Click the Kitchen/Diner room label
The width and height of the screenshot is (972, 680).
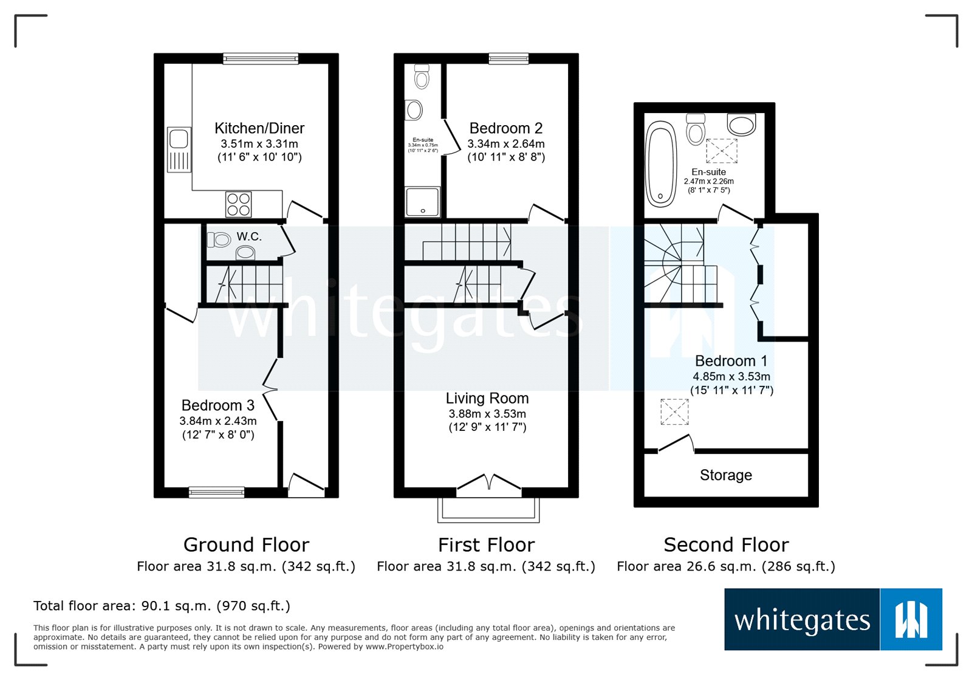coord(259,128)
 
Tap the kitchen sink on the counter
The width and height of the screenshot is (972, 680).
coord(179,149)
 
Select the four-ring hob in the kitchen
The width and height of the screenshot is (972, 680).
coord(238,204)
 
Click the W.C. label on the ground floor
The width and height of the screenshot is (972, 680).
coord(249,236)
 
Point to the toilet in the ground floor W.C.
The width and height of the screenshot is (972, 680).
coord(219,240)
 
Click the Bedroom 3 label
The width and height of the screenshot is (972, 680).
coord(217,405)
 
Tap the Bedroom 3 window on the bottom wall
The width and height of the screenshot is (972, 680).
coord(216,492)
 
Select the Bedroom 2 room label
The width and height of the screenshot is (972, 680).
coord(505,128)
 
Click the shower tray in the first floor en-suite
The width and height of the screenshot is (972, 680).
coord(422,202)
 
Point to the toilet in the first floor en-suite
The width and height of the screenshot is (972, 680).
coord(422,77)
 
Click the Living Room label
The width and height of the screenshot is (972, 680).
coord(487,398)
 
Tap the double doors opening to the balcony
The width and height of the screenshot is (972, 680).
coord(489,483)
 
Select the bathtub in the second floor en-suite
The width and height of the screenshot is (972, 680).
coord(660,163)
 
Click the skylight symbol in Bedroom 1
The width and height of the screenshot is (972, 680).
coord(674,411)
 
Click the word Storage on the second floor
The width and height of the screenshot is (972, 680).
coord(725,475)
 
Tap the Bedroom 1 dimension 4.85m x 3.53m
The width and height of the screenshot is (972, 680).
coord(731,377)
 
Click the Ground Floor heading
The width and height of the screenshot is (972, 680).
coord(246,544)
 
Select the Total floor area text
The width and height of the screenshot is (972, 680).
coord(162,606)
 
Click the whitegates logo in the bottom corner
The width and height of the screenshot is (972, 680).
coord(832,619)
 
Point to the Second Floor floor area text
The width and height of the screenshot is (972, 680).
coord(725,566)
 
